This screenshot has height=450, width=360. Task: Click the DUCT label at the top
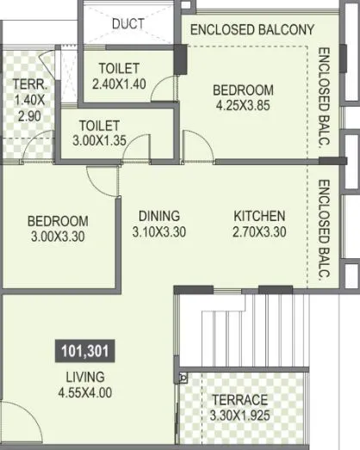tap(128, 24)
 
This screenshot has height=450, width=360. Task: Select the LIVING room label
tap(84, 378)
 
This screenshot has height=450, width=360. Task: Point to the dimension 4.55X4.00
tap(85, 393)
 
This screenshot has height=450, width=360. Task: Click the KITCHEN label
tap(259, 215)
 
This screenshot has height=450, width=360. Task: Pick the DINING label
tap(158, 215)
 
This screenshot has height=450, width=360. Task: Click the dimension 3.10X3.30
tap(158, 231)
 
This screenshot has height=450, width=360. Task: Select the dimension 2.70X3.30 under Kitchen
tap(259, 231)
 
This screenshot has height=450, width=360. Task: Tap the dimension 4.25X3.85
tap(243, 106)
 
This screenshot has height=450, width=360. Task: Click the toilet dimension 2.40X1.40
tap(121, 83)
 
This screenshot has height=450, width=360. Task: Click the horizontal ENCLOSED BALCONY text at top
tap(251, 29)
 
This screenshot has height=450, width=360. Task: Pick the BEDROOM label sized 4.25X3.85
tap(243, 89)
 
